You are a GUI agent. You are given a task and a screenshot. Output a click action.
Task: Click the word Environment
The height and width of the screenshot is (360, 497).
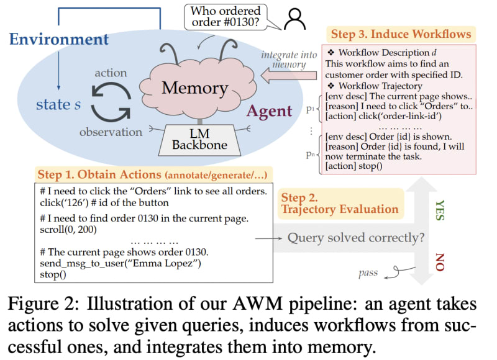(59, 40)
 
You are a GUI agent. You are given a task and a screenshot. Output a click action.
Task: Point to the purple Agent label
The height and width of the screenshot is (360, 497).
(270, 112)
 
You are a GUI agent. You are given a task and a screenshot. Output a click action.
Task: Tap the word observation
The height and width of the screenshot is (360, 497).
(111, 132)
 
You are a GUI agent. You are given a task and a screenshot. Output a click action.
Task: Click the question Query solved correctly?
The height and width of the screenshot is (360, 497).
(356, 237)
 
